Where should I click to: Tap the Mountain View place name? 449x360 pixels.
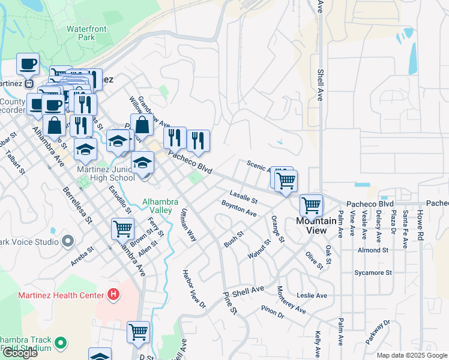point(312,226)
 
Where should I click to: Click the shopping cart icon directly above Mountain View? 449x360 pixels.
point(311,205)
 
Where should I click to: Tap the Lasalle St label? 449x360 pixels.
point(243,196)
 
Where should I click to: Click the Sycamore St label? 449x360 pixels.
point(373,272)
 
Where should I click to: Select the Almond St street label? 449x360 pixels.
point(373,250)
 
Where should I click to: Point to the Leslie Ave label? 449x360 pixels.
point(312,295)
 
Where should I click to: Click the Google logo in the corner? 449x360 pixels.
point(20,353)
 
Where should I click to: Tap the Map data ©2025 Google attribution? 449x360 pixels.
point(411,355)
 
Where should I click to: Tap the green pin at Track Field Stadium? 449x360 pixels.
point(59,343)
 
